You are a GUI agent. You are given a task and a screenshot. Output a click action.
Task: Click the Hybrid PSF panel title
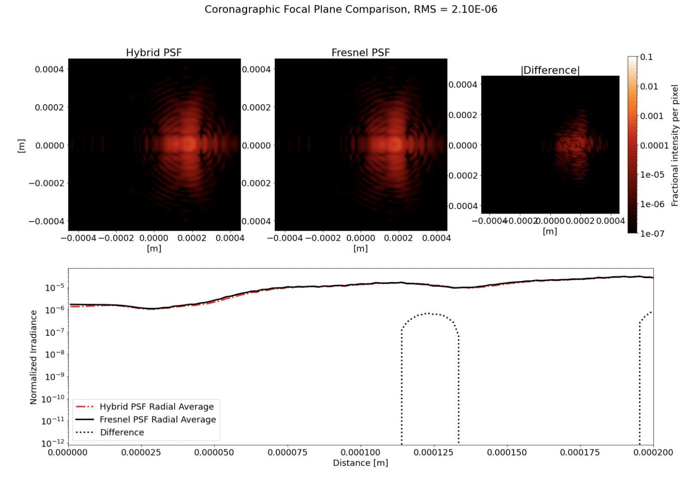click(x=154, y=53)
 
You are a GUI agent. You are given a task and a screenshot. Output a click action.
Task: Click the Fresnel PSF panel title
click(x=361, y=53)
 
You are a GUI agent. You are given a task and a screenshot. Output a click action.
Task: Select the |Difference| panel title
click(x=550, y=70)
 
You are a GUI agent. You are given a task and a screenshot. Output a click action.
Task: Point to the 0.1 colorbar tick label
click(x=647, y=57)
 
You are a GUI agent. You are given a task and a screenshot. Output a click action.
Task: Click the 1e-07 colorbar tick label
click(x=652, y=233)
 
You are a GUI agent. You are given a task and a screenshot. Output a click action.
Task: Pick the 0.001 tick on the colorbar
click(x=651, y=116)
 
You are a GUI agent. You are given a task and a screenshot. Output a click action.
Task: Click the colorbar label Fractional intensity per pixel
click(x=675, y=145)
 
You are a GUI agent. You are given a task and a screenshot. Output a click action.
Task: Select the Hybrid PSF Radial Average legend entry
click(x=157, y=406)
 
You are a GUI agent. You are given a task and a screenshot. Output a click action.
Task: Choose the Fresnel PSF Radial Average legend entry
click(x=157, y=419)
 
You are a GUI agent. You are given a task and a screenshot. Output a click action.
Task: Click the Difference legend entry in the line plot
click(x=122, y=432)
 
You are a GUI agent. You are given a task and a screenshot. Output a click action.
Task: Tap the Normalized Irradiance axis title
click(x=33, y=357)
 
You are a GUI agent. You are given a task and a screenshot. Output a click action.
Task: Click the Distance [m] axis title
click(x=361, y=463)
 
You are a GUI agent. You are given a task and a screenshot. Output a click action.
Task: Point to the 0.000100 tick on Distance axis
click(x=361, y=452)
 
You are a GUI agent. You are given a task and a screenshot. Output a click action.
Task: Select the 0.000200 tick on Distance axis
click(x=653, y=452)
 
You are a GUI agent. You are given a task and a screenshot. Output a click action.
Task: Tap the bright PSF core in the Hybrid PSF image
click(x=188, y=144)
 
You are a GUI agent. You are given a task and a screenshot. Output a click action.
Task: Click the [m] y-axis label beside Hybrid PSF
click(x=21, y=145)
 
